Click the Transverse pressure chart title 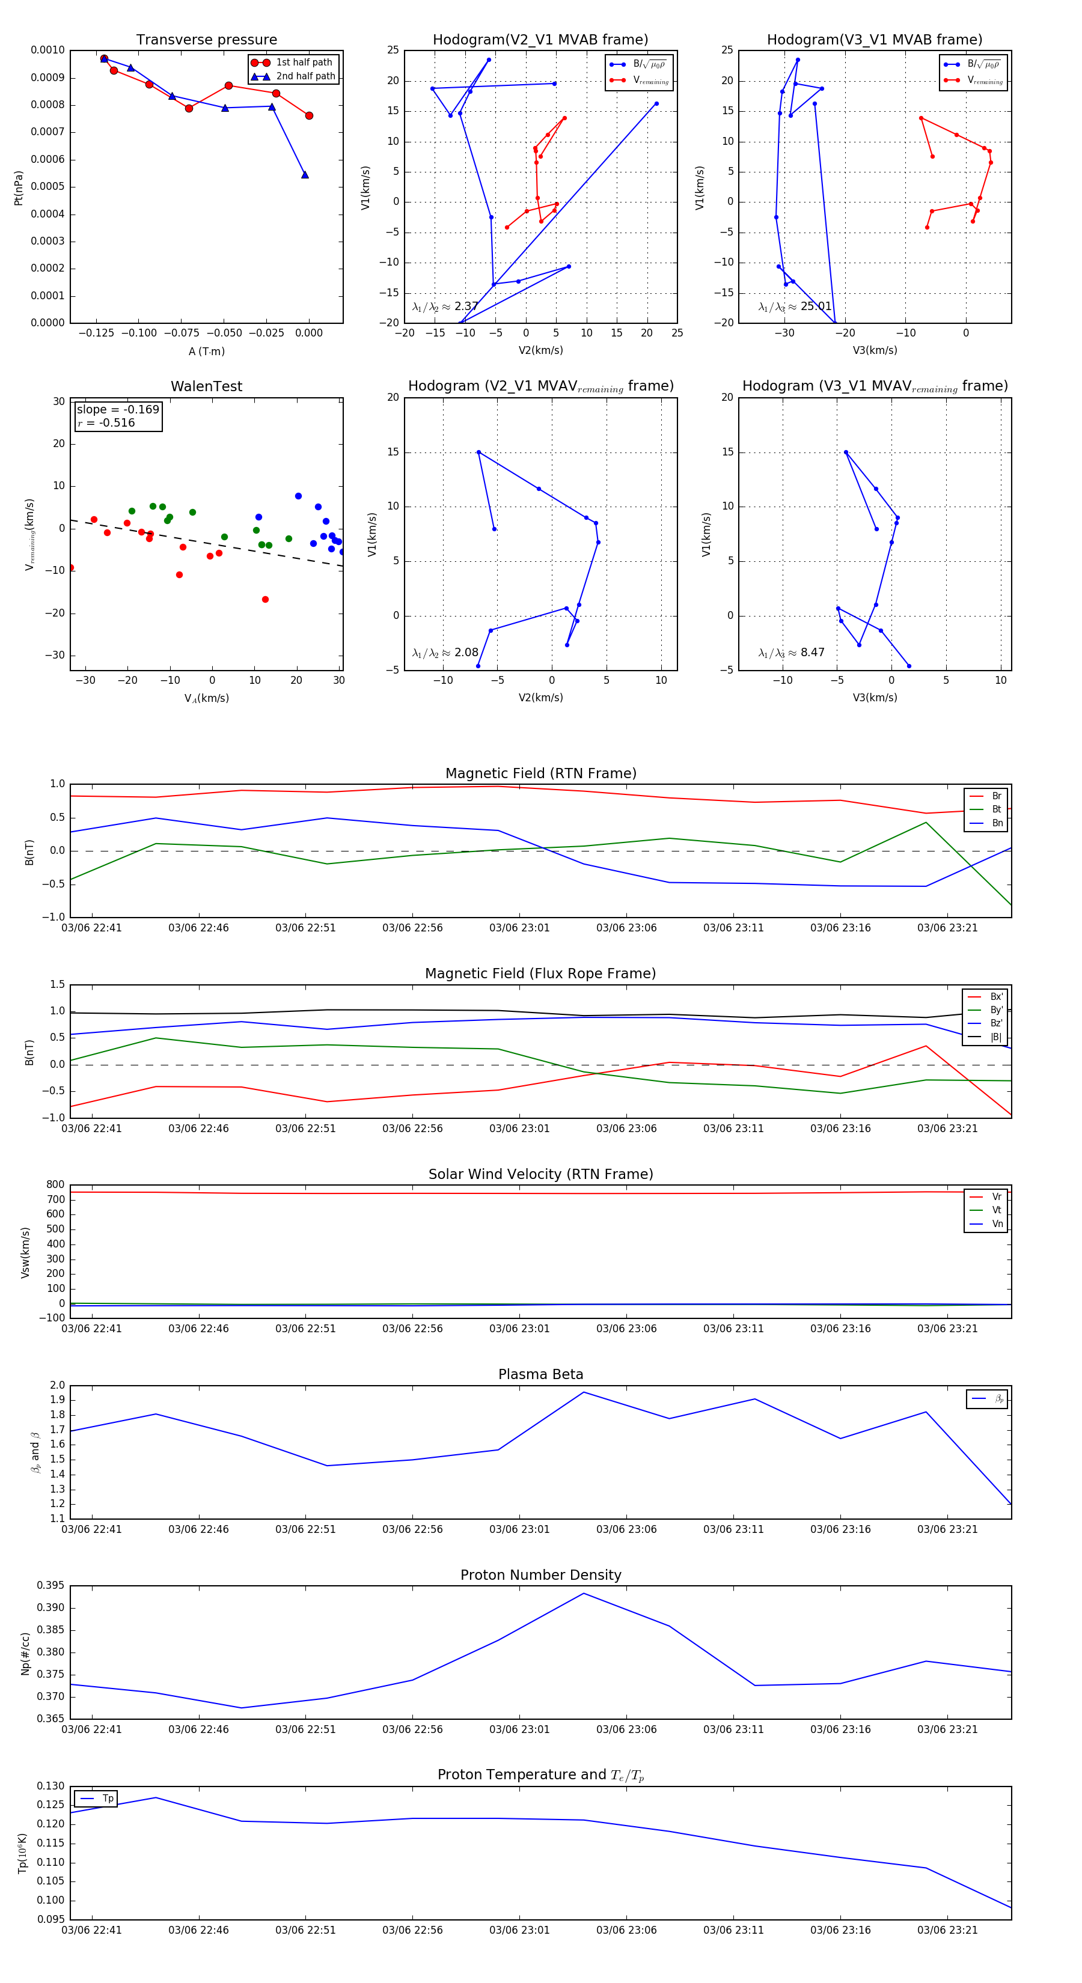coord(206,40)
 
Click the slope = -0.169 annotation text coord(118,410)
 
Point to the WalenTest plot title coord(206,386)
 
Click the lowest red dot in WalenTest coord(265,600)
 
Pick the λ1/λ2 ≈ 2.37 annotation coord(445,306)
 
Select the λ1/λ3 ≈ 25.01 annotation coord(795,306)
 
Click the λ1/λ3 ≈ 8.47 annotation coord(791,653)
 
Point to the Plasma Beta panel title coord(540,1374)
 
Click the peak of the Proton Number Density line coord(584,1594)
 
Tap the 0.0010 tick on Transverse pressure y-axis coord(47,50)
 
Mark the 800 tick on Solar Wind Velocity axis coord(55,1185)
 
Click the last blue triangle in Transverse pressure coord(305,175)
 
